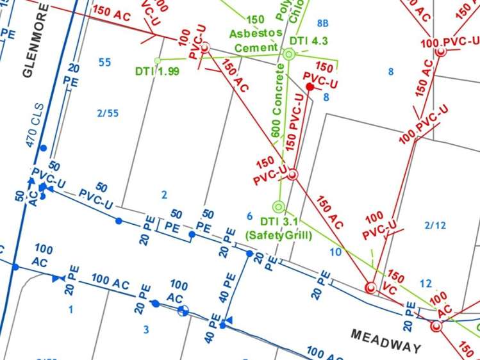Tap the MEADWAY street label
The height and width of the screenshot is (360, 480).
[386, 341]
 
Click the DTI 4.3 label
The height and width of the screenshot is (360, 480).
[310, 41]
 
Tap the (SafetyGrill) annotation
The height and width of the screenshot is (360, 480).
[279, 236]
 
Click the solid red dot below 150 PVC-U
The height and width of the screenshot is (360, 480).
[310, 86]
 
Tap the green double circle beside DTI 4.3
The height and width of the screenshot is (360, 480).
[288, 56]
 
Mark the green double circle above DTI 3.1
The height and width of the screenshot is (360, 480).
[278, 207]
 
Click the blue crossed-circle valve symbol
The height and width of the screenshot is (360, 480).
[183, 311]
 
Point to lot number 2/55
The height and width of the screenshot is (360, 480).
[108, 113]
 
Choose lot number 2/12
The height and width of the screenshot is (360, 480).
[434, 225]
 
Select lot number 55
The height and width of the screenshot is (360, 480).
[104, 62]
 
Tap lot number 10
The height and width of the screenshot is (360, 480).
[336, 252]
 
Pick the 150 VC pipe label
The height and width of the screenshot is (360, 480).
[393, 282]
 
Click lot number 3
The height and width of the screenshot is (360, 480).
[145, 330]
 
